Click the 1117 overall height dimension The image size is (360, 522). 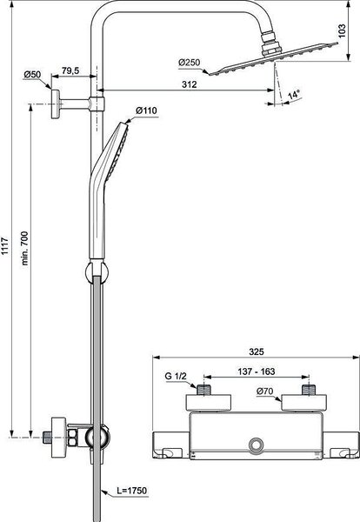[x=4, y=245]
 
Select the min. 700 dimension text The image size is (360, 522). [x=24, y=248]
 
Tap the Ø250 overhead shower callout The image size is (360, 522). [x=190, y=63]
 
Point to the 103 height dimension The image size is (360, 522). [x=342, y=31]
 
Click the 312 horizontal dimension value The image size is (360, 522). [x=190, y=84]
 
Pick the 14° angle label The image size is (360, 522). [x=294, y=95]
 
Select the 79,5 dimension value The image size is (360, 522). [x=70, y=70]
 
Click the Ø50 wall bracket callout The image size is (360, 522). [x=32, y=74]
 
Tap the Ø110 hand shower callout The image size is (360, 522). [x=146, y=110]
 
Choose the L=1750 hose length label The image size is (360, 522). [x=132, y=491]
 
